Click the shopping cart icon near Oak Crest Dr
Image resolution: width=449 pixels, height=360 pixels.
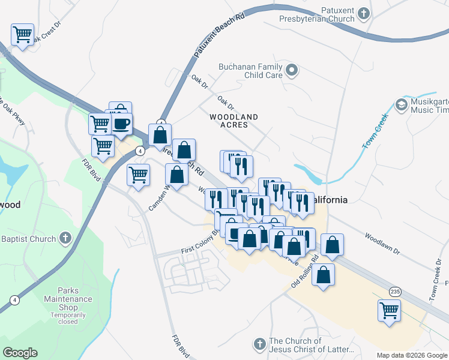tap(22, 34)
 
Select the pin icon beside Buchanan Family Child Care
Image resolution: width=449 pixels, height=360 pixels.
tap(292, 71)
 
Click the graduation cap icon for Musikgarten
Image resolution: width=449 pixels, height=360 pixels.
tap(400, 105)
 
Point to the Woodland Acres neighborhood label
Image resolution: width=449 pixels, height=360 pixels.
tap(234, 121)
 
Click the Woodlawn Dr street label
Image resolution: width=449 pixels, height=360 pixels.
tap(381, 241)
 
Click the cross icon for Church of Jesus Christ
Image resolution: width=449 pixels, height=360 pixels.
tap(259, 344)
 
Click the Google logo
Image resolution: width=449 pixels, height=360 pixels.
tap(20, 353)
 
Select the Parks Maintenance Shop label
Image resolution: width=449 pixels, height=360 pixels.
tap(68, 299)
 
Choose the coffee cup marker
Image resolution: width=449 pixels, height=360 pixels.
tap(122, 123)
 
